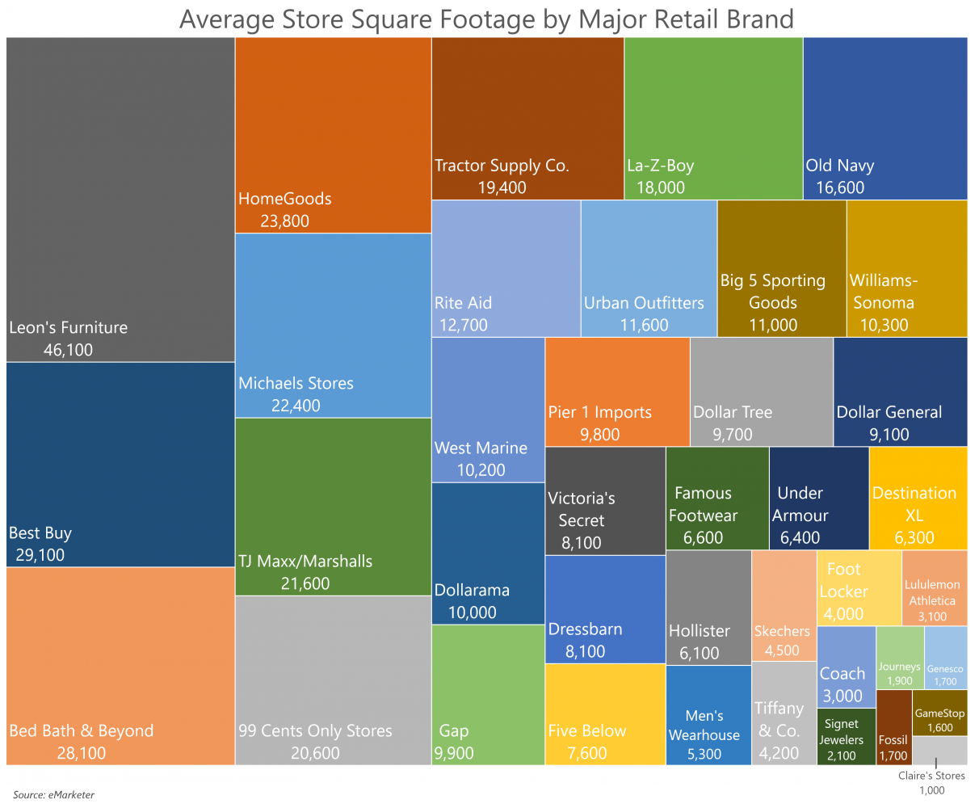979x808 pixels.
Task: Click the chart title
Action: [486, 18]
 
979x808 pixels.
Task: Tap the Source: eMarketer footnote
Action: [53, 794]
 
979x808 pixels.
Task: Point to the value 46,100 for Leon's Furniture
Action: [68, 350]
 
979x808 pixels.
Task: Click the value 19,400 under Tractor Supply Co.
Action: [501, 187]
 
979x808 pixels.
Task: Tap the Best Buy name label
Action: [40, 532]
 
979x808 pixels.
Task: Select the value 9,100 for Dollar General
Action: [889, 434]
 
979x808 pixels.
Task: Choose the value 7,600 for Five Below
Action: [586, 753]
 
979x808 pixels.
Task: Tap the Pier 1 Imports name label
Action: [599, 411]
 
